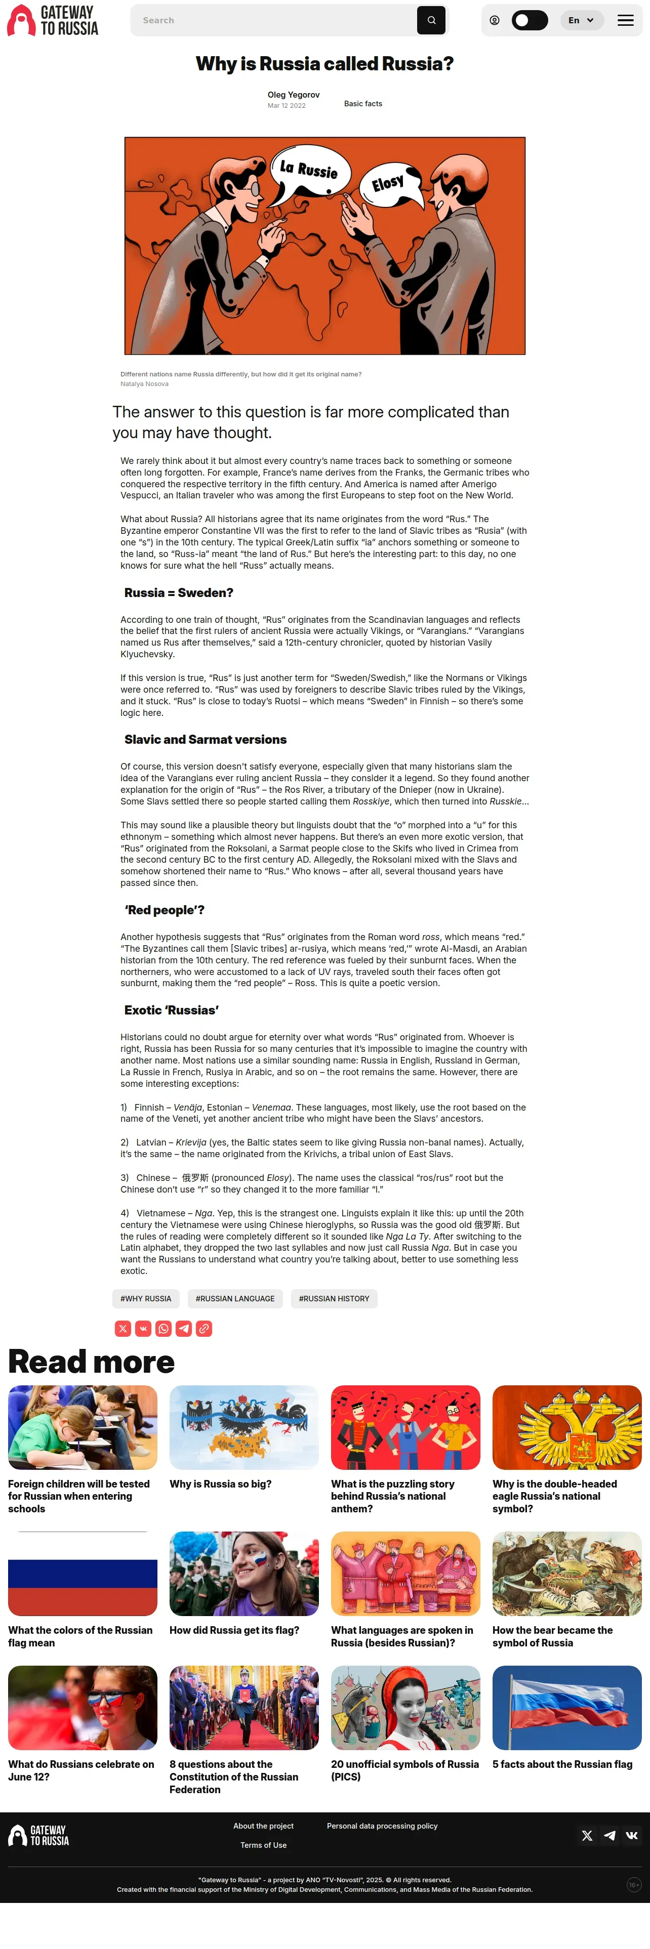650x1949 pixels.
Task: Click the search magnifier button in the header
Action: (431, 20)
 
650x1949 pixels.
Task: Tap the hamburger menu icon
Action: (625, 20)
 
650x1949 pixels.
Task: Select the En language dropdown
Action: (581, 20)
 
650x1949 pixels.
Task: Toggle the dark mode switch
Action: (529, 20)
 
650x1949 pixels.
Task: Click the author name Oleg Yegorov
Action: (294, 95)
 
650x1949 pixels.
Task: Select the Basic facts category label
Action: (363, 104)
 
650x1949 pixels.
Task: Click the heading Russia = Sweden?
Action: (179, 592)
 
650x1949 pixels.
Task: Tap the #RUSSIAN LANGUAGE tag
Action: (235, 1298)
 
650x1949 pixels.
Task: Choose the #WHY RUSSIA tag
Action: (146, 1298)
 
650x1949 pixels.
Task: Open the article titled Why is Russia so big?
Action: (220, 1484)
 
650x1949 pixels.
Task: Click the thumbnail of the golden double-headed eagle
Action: (567, 1427)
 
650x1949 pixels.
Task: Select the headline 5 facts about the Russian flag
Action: (562, 1764)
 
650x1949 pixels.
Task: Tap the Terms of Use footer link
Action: (263, 1845)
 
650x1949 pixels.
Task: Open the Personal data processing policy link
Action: (382, 1826)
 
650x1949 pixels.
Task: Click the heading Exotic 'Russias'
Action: (172, 1010)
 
